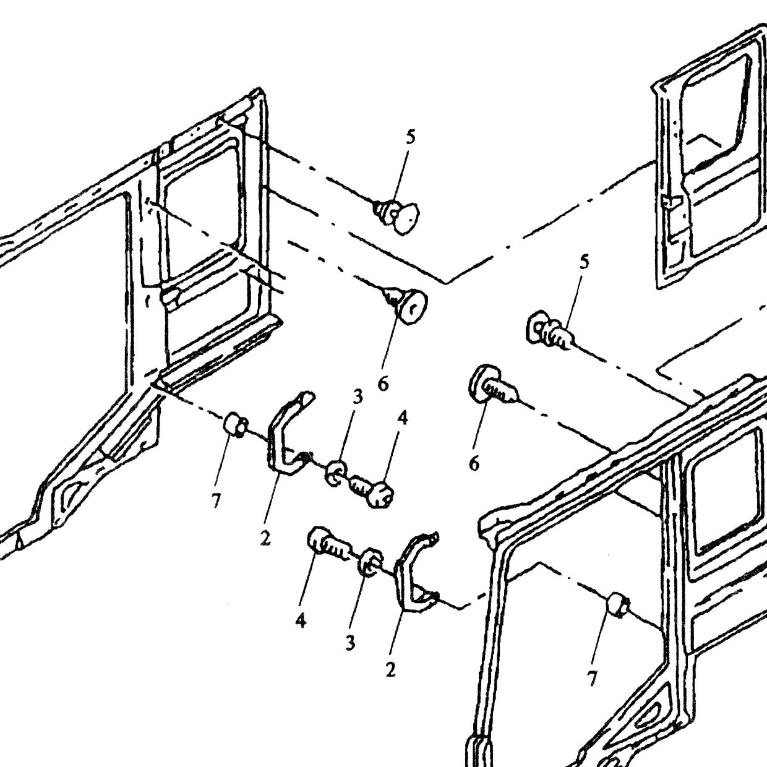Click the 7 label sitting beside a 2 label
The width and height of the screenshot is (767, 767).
tap(216, 501)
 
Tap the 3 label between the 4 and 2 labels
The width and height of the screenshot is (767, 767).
tap(350, 642)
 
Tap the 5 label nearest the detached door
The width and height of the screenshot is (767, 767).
tap(584, 263)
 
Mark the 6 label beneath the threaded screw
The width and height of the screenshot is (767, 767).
tap(474, 463)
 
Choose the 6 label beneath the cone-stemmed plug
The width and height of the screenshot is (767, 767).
tap(382, 384)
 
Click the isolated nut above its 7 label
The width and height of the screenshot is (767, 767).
tap(618, 606)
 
